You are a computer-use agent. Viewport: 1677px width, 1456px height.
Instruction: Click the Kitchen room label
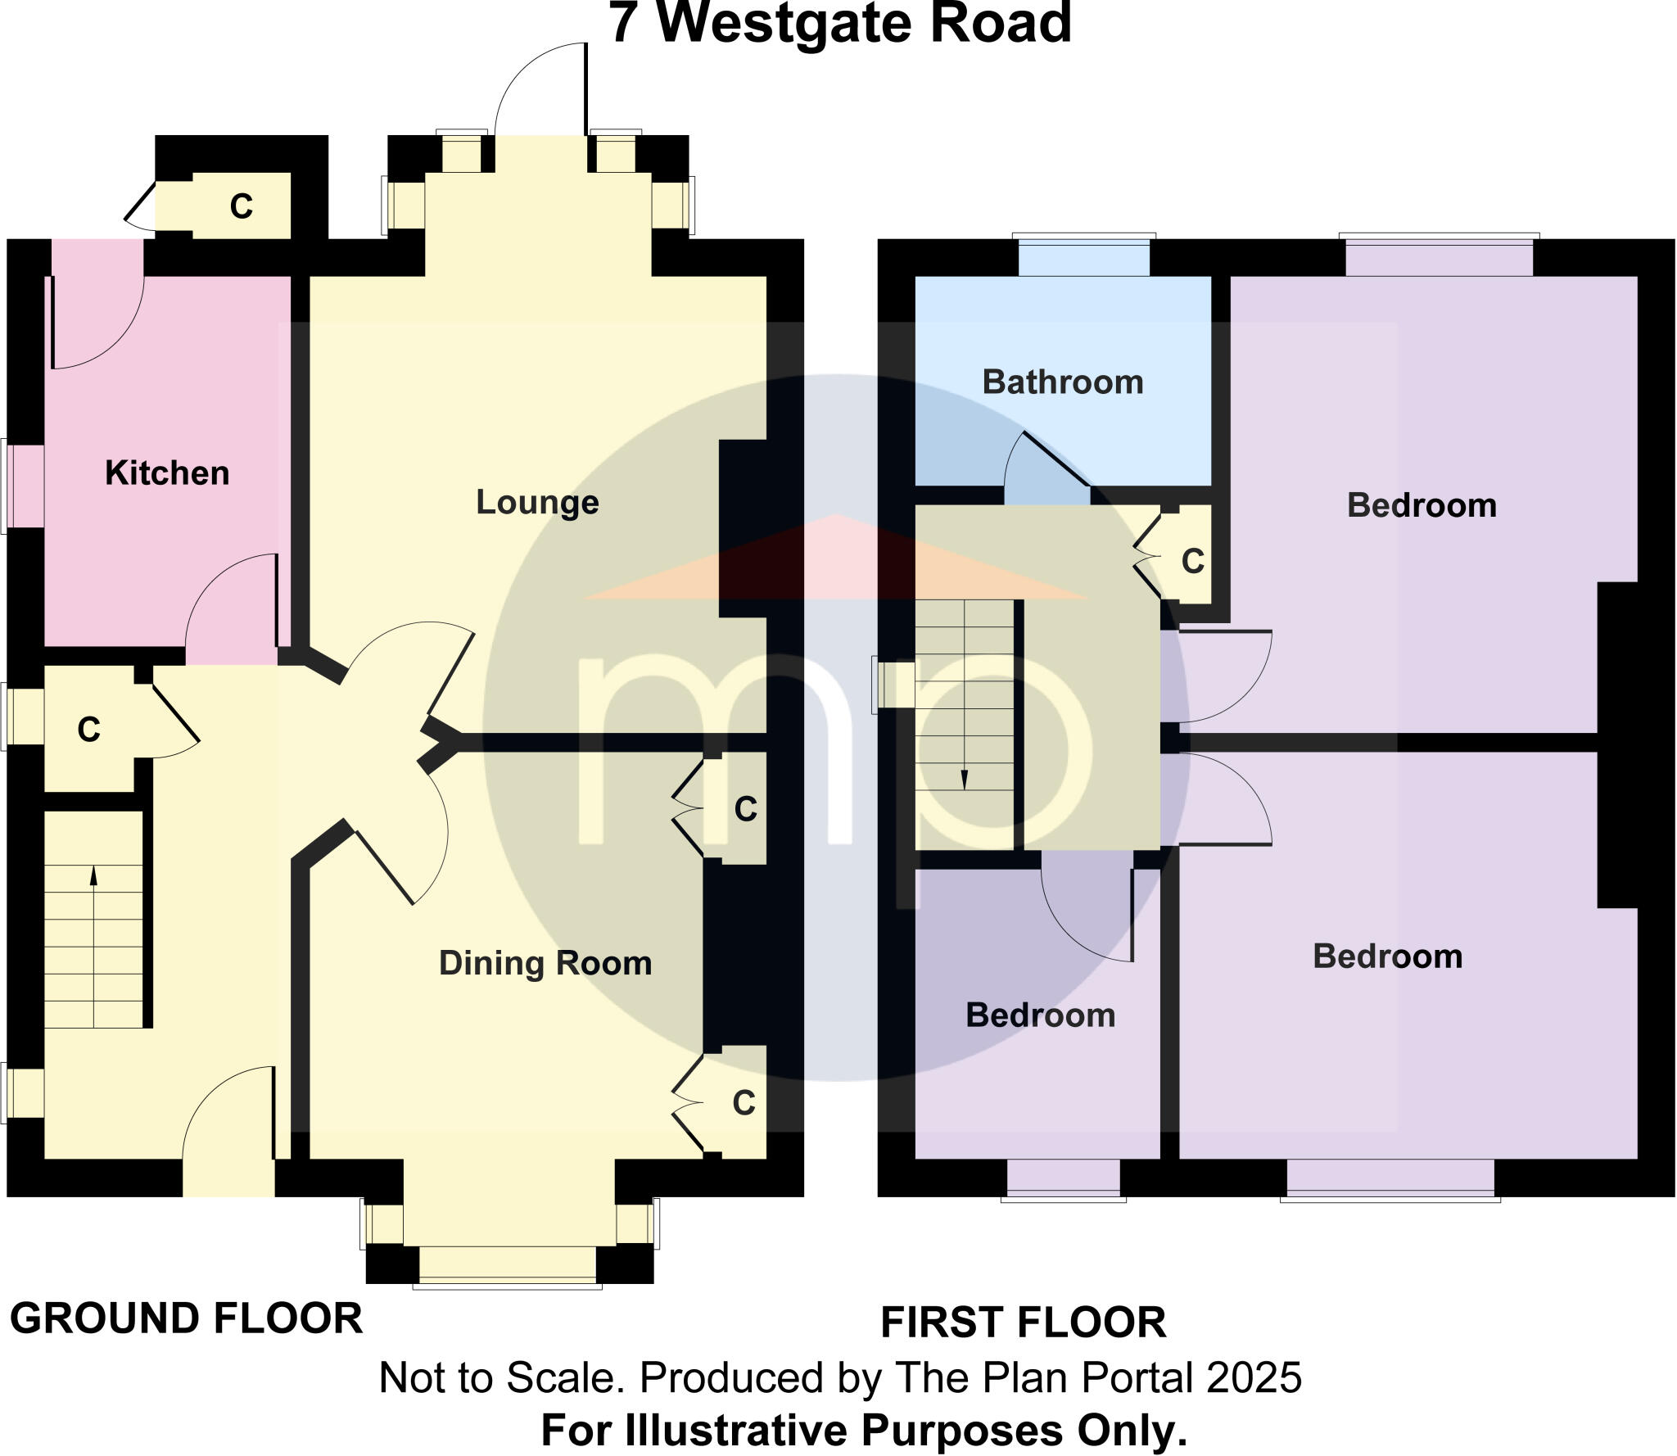coord(167,473)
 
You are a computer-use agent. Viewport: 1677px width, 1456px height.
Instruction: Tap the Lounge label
coord(537,502)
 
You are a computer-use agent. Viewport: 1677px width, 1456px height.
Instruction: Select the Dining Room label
coord(545,963)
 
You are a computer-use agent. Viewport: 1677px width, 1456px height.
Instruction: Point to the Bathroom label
coord(1063,382)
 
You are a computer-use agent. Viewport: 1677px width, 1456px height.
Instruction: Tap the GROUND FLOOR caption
coord(186,1319)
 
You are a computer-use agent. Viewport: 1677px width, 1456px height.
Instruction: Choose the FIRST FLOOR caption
coord(1023,1323)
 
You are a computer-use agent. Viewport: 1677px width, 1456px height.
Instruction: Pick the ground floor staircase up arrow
coord(93,875)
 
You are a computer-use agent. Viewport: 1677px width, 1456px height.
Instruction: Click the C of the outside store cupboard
coord(241,206)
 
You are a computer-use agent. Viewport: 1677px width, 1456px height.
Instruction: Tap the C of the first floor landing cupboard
coord(1193,561)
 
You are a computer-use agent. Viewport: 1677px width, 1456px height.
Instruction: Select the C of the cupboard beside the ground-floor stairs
coord(88,730)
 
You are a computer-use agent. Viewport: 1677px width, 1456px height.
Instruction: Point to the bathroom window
coord(1083,257)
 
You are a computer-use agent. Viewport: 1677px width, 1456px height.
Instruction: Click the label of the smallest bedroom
coord(1040,1015)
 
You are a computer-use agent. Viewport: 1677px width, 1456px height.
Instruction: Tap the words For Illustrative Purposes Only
coord(864,1431)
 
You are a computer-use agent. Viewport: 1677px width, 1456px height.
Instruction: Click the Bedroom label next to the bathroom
coord(1422,505)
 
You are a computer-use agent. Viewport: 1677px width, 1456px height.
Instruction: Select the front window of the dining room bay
coord(508,1264)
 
